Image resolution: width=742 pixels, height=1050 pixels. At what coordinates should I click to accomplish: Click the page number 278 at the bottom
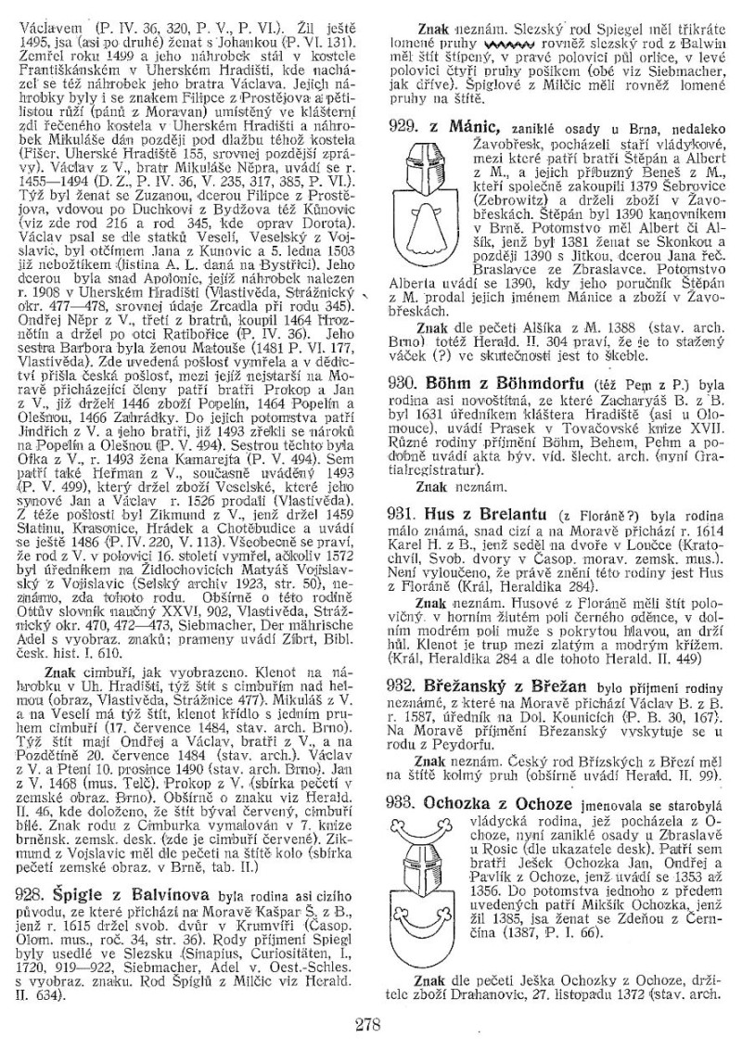click(x=370, y=1024)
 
